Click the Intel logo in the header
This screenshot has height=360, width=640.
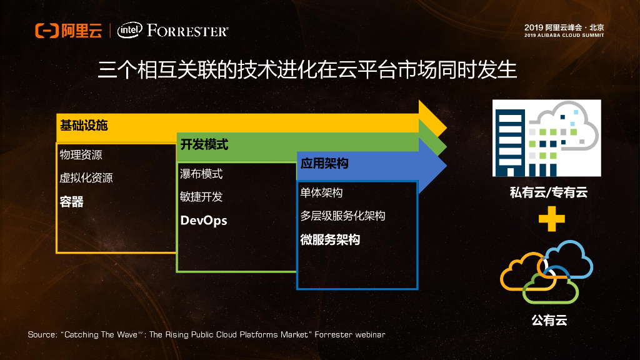129,31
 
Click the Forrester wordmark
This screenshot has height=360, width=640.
188,31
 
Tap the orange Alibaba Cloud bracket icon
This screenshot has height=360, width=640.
46,31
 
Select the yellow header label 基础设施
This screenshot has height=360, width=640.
84,125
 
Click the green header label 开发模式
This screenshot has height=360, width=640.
204,145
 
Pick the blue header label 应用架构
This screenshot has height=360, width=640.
324,164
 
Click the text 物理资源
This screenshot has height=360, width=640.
81,155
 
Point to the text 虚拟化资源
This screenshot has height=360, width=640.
86,177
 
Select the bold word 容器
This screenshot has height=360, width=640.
72,201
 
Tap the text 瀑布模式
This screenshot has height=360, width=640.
201,174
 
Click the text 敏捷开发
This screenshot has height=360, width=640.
201,197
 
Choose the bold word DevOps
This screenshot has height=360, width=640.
204,221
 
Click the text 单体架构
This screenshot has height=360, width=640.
321,192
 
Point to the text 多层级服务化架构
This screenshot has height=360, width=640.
342,216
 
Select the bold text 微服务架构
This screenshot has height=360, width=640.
330,240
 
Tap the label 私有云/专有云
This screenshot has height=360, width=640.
549,192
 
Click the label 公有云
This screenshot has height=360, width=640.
549,321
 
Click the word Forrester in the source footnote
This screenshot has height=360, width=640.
332,335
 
